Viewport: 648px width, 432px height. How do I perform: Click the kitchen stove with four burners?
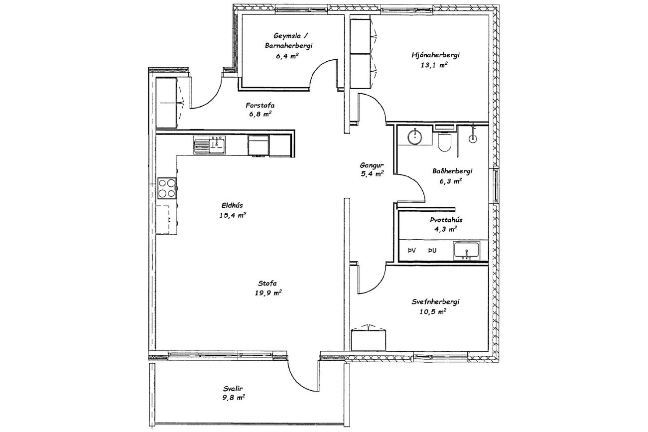(167, 188)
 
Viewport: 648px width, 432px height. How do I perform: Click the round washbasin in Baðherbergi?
(415, 137)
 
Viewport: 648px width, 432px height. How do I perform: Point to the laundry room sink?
(467, 250)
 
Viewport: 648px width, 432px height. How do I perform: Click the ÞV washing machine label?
(411, 251)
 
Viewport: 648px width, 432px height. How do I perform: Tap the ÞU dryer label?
(432, 251)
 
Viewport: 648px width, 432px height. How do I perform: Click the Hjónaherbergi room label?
(436, 55)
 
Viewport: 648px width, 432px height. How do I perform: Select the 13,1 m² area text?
(434, 65)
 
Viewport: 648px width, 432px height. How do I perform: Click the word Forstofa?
(260, 105)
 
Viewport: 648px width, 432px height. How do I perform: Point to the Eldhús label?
(232, 205)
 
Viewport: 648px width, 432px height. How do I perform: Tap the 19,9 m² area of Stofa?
(268, 293)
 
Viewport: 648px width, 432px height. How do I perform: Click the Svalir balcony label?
(233, 388)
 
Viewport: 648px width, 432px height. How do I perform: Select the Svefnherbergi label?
(436, 302)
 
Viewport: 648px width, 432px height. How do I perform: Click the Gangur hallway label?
(372, 165)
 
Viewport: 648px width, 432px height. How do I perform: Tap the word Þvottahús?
(446, 220)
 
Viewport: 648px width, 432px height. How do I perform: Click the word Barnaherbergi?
(289, 46)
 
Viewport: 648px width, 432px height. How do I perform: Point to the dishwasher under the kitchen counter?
(259, 145)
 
